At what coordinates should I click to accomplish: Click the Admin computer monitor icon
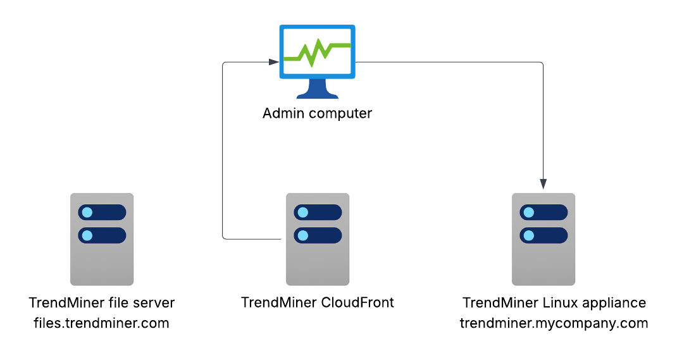pyautogui.click(x=317, y=61)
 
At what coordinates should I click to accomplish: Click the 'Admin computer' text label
pyautogui.click(x=317, y=114)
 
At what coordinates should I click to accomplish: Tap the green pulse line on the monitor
pyautogui.click(x=317, y=53)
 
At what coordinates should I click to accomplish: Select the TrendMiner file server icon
pyautogui.click(x=102, y=239)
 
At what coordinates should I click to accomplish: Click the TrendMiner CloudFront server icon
pyautogui.click(x=317, y=239)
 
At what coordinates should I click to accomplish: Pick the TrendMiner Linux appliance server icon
pyautogui.click(x=543, y=239)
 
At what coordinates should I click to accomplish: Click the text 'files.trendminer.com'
pyautogui.click(x=101, y=323)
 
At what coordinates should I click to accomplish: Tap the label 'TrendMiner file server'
pyautogui.click(x=102, y=303)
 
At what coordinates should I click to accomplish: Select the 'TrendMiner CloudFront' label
pyautogui.click(x=318, y=302)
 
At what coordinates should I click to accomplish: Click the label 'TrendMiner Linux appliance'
pyautogui.click(x=554, y=303)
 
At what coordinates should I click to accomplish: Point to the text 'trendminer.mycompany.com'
pyautogui.click(x=554, y=323)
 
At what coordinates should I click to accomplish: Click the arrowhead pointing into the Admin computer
pyautogui.click(x=273, y=62)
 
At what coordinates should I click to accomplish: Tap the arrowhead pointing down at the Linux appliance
pyautogui.click(x=543, y=183)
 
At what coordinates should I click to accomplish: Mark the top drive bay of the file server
pyautogui.click(x=102, y=212)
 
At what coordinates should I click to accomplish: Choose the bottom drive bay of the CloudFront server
pyautogui.click(x=318, y=235)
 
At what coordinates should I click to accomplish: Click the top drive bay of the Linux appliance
pyautogui.click(x=543, y=212)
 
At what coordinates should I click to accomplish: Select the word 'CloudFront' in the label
pyautogui.click(x=357, y=302)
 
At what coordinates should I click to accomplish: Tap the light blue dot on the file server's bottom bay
pyautogui.click(x=87, y=235)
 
